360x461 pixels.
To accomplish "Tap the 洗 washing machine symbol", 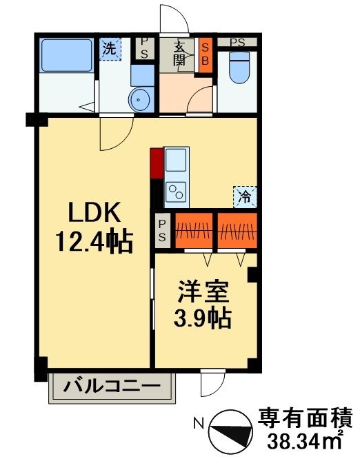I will [109, 49].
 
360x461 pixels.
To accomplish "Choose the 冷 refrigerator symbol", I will [243, 197].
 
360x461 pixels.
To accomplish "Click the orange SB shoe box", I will [206, 54].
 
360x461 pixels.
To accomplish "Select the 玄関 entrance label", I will [179, 54].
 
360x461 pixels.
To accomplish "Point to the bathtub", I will [66, 54].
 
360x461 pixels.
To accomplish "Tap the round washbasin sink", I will [141, 99].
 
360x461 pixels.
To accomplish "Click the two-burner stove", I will [177, 190].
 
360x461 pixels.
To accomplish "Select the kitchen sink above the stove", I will [177, 161].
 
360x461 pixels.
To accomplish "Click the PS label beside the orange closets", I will [162, 231].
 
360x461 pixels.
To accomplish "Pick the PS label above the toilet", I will [238, 43].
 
